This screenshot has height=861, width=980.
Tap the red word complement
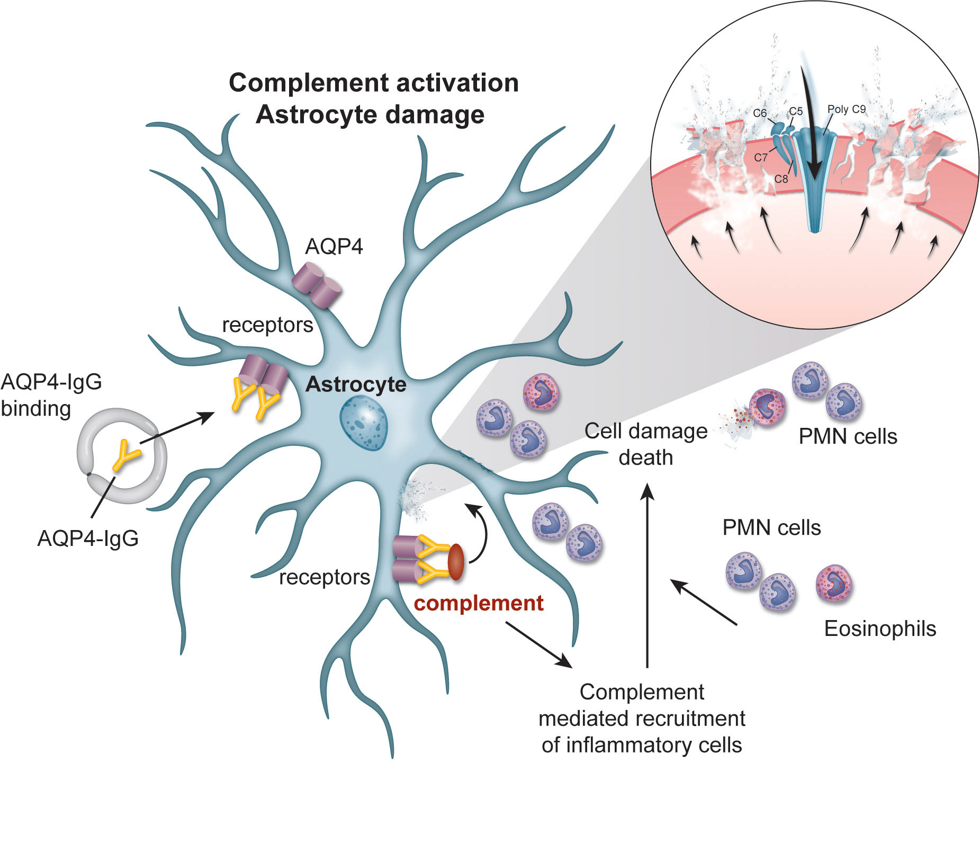click(x=478, y=603)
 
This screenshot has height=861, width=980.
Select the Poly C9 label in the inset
click(x=846, y=109)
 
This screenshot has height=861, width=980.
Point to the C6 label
click(x=759, y=113)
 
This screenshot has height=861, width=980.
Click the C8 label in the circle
click(x=781, y=179)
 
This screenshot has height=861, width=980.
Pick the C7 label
click(x=760, y=157)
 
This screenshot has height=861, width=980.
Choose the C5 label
click(x=796, y=111)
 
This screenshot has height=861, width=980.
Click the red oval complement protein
click(x=456, y=562)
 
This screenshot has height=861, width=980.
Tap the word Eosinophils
click(x=880, y=629)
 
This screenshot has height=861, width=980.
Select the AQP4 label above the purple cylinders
click(x=334, y=246)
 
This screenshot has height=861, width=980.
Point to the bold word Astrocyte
click(x=356, y=384)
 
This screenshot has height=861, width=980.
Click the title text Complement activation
click(x=373, y=83)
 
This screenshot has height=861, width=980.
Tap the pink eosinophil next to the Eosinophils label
click(x=833, y=584)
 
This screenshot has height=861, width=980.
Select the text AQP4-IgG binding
click(x=51, y=395)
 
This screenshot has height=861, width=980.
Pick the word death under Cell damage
click(x=645, y=458)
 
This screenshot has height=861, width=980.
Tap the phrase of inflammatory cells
click(x=641, y=745)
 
